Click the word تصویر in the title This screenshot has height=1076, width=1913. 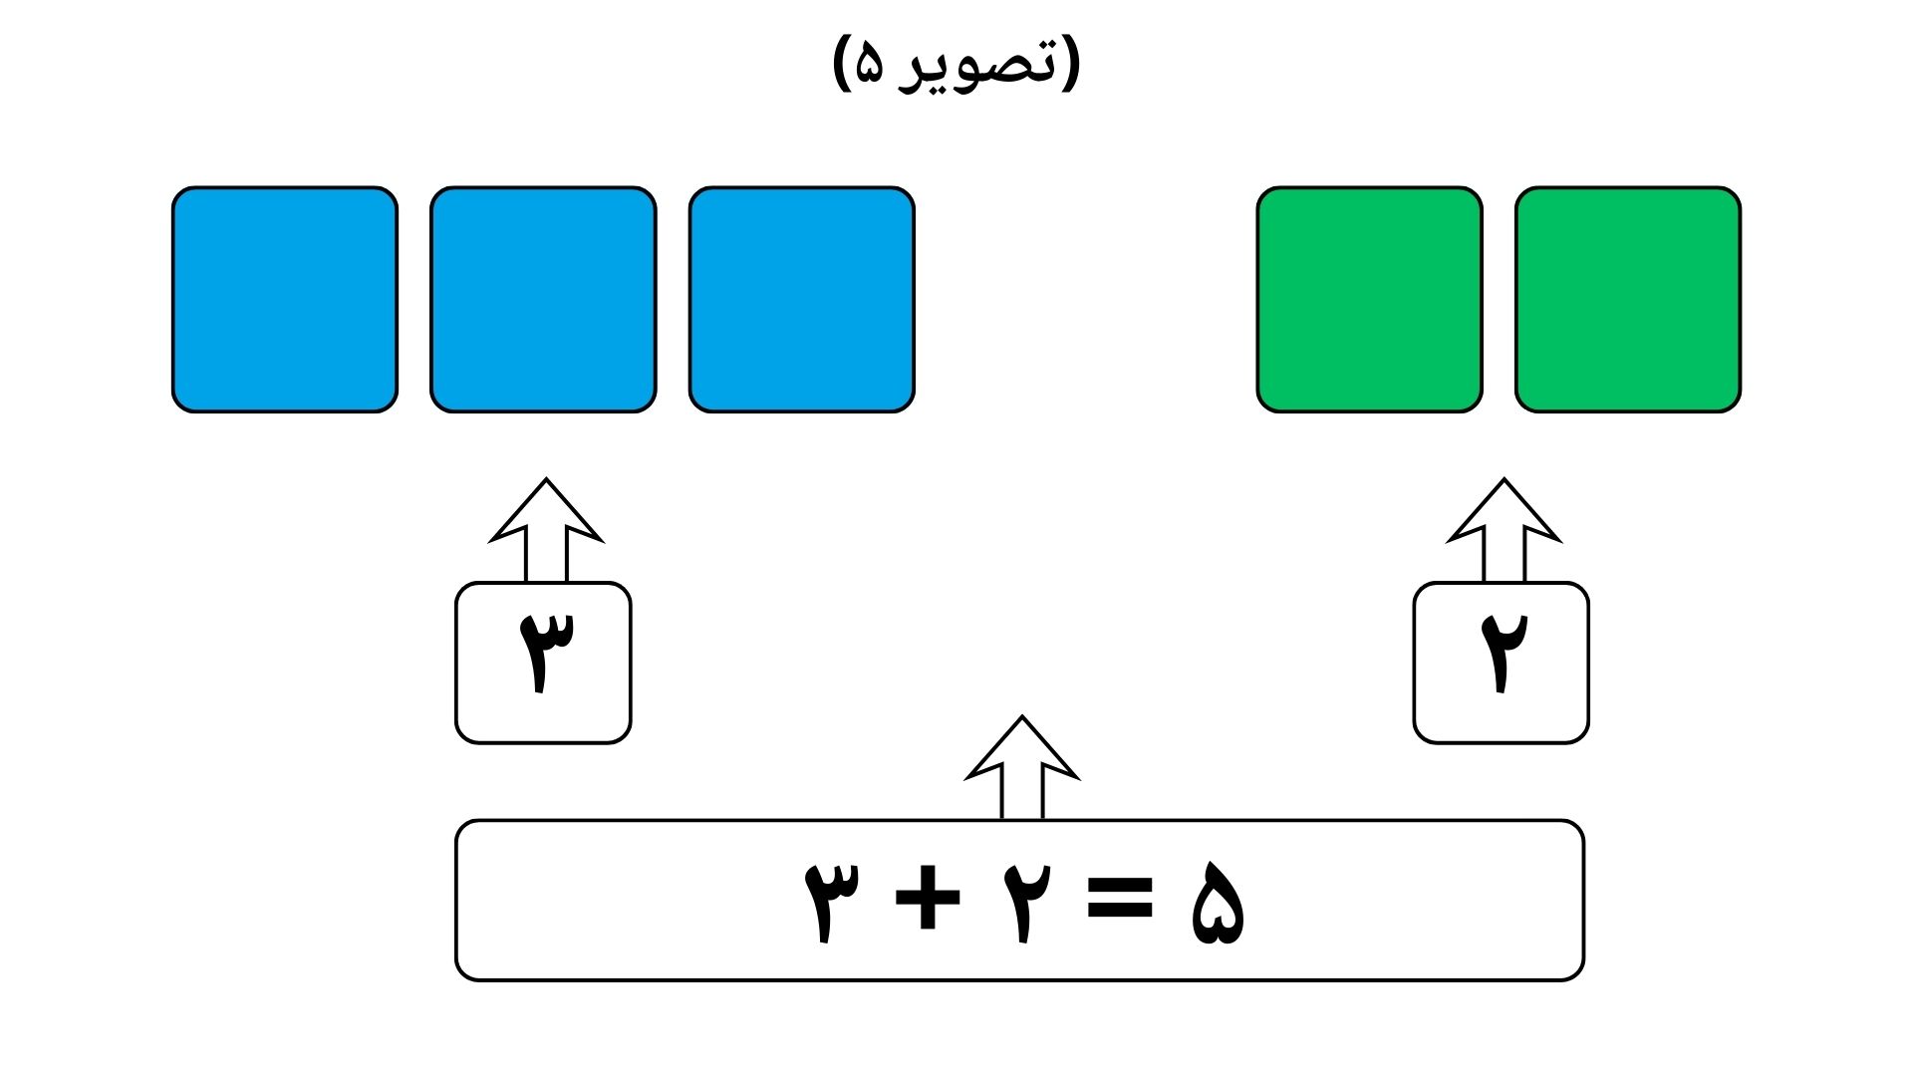click(x=976, y=66)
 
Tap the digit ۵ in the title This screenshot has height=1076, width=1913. click(x=869, y=67)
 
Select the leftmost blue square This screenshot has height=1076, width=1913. click(x=285, y=300)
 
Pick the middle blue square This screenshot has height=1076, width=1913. click(x=543, y=300)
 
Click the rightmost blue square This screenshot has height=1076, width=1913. click(x=801, y=300)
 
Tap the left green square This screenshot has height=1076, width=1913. click(x=1369, y=300)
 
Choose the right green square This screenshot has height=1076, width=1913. click(x=1628, y=300)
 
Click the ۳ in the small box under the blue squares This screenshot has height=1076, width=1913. click(x=545, y=652)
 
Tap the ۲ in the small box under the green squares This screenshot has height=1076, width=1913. click(x=1503, y=652)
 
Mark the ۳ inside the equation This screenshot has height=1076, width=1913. click(x=831, y=901)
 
